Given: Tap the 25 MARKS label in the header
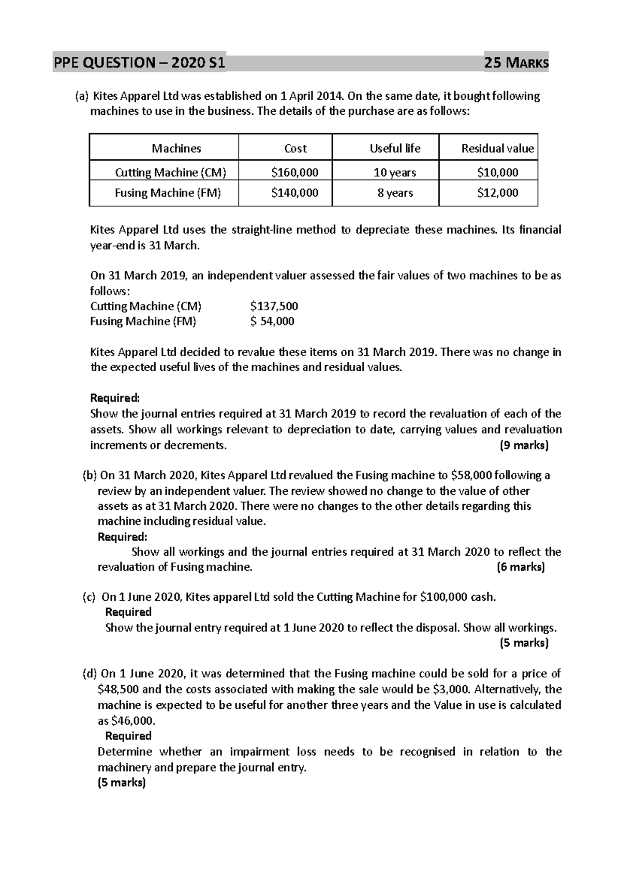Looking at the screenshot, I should pyautogui.click(x=515, y=64).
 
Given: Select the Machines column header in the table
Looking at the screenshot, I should pyautogui.click(x=176, y=148).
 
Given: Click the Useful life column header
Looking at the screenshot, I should pyautogui.click(x=395, y=148).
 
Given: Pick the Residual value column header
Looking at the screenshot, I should pyautogui.click(x=497, y=148).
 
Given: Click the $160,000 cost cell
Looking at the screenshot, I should pyautogui.click(x=294, y=172).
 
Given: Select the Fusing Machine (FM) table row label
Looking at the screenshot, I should pyautogui.click(x=168, y=193).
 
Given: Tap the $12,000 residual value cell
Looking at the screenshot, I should pyautogui.click(x=497, y=193).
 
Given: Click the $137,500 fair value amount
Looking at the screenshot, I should pyautogui.click(x=274, y=306).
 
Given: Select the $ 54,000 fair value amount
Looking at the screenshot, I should pyautogui.click(x=272, y=321).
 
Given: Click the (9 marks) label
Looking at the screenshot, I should pyautogui.click(x=524, y=445).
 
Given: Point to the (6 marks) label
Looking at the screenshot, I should pyautogui.click(x=521, y=567).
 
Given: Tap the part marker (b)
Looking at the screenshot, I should pyautogui.click(x=90, y=475).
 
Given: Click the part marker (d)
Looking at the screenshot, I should pyautogui.click(x=90, y=674).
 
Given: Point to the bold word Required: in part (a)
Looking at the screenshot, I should pyautogui.click(x=115, y=398).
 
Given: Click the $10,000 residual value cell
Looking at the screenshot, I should pyautogui.click(x=497, y=172).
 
